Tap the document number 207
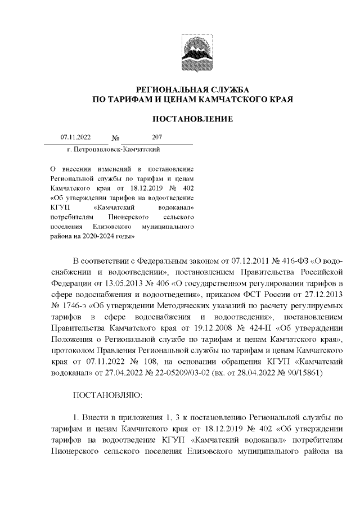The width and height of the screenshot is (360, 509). pyautogui.click(x=157, y=137)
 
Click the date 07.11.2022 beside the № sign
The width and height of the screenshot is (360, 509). pyautogui.click(x=75, y=137)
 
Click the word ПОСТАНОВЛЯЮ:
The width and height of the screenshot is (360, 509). pyautogui.click(x=108, y=395)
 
